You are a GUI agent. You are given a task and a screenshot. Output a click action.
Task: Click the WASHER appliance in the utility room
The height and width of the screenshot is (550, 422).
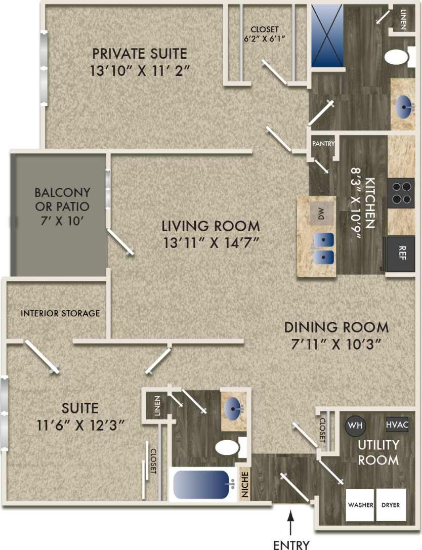pyautogui.click(x=360, y=505)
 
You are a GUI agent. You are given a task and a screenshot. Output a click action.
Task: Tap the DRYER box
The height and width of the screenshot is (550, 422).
pyautogui.click(x=391, y=505)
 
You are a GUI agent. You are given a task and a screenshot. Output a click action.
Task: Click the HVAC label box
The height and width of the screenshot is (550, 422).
pyautogui.click(x=397, y=425)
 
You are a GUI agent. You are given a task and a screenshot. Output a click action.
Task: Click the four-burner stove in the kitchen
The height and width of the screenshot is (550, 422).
pyautogui.click(x=401, y=193)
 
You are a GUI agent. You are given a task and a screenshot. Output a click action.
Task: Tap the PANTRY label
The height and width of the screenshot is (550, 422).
pyautogui.click(x=323, y=144)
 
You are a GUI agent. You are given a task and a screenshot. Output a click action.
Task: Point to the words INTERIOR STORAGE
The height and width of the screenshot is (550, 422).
pyautogui.click(x=60, y=313)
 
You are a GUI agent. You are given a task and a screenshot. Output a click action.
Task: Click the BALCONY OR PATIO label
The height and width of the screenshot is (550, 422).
pyautogui.click(x=62, y=206)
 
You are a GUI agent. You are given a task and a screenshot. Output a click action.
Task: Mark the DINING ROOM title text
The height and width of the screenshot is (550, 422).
pyautogui.click(x=336, y=326)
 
